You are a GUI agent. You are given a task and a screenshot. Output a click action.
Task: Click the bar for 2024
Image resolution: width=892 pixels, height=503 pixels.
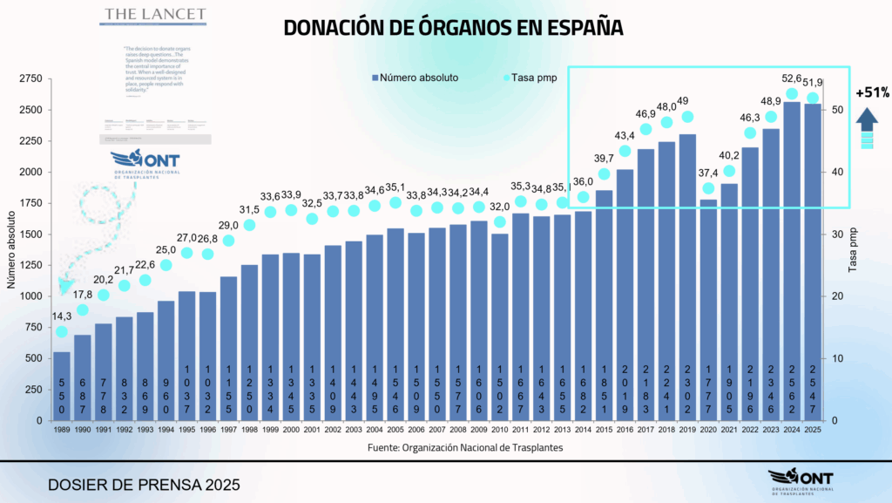(x=792, y=262)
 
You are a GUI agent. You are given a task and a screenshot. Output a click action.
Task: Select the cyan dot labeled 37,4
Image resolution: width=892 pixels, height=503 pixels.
(x=708, y=188)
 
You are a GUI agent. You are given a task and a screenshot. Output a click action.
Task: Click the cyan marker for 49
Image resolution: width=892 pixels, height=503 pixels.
(x=687, y=117)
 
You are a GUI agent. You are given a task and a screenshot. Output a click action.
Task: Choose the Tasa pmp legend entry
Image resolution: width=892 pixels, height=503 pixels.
(x=530, y=78)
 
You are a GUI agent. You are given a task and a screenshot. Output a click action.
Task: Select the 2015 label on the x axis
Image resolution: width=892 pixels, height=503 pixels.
(x=604, y=430)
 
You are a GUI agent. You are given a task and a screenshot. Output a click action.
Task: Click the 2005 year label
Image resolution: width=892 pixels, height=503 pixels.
(x=395, y=430)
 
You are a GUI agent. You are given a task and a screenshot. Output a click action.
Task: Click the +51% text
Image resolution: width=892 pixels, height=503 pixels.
(x=872, y=92)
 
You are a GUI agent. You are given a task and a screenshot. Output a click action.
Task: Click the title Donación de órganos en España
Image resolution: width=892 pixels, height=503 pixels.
(x=453, y=28)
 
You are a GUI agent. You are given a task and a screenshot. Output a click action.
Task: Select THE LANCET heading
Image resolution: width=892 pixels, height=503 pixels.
(x=155, y=15)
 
